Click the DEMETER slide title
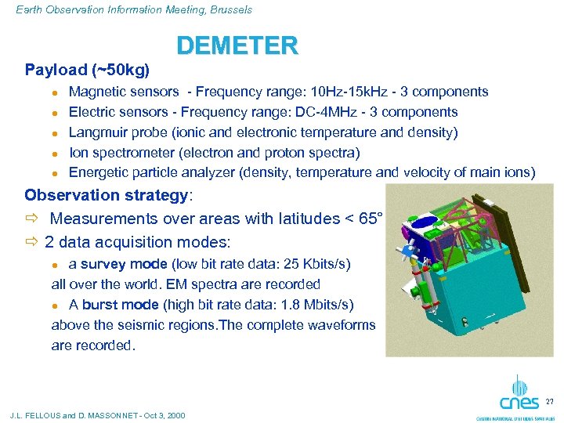pyautogui.click(x=237, y=46)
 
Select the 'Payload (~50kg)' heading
pyautogui.click(x=87, y=70)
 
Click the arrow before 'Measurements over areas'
pyautogui.click(x=32, y=219)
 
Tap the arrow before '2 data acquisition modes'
pyautogui.click(x=32, y=242)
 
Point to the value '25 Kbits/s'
pyautogui.click(x=310, y=264)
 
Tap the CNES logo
pyautogui.click(x=519, y=396)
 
